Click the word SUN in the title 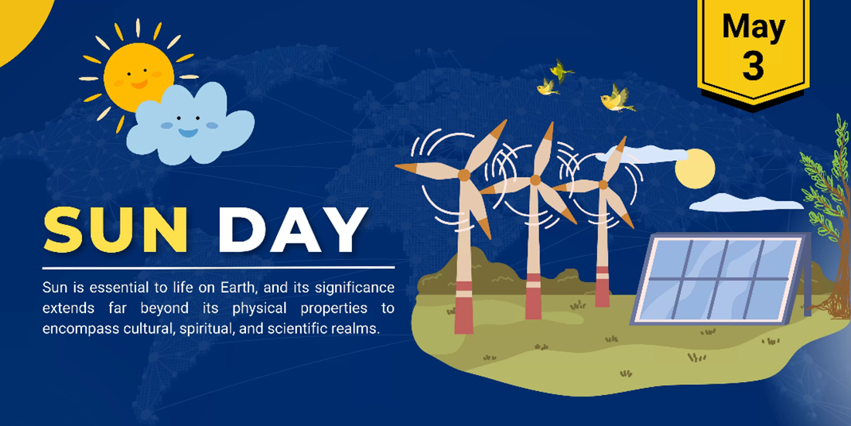[x=115, y=230]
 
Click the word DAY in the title [x=293, y=230]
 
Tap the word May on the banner [x=754, y=27]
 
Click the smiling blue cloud [x=190, y=124]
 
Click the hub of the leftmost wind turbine [x=463, y=175]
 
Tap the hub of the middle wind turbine [x=535, y=179]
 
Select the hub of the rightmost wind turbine [x=603, y=185]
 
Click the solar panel [x=719, y=279]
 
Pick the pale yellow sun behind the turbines [x=695, y=169]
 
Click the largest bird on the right [x=617, y=99]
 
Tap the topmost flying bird [x=561, y=70]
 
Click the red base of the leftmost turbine [x=463, y=308]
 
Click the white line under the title [x=218, y=268]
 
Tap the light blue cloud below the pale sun [x=747, y=203]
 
